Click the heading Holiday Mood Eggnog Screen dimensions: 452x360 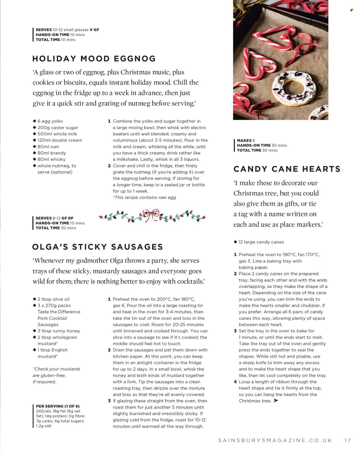94,59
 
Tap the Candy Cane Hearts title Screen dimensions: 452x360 287,169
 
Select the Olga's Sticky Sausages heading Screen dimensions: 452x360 98,247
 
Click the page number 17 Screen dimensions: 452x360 348,440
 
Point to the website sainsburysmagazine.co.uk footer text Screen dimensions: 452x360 275,440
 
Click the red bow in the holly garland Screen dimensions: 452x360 151,215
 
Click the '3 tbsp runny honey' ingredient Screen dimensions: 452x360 58,331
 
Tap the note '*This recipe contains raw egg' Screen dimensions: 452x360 144,197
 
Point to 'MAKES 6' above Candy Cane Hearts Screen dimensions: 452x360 246,140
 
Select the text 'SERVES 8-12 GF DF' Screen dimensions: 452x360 54,218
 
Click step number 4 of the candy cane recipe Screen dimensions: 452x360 235,382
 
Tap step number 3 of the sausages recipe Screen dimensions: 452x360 109,401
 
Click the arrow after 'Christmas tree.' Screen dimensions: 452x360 276,401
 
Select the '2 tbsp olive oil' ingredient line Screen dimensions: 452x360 53,299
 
